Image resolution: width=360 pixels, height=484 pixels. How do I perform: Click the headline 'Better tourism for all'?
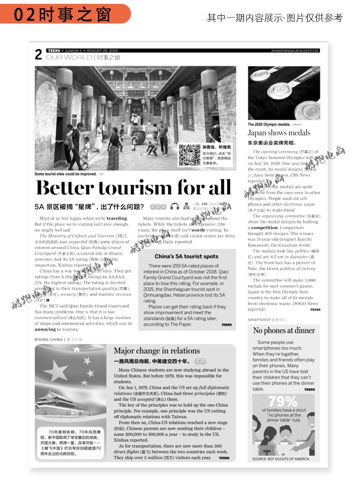pyautogui.click(x=133, y=188)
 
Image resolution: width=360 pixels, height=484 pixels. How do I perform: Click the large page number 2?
pyautogui.click(x=38, y=55)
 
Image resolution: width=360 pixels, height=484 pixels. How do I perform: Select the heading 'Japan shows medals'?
pyautogui.click(x=279, y=133)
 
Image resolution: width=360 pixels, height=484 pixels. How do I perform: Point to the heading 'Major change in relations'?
pyautogui.click(x=156, y=351)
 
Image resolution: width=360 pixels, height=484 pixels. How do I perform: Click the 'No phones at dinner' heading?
pyautogui.click(x=284, y=331)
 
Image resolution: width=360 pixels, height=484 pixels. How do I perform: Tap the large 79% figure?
pyautogui.click(x=283, y=401)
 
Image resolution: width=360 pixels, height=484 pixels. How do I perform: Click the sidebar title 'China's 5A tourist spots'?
pyautogui.click(x=186, y=257)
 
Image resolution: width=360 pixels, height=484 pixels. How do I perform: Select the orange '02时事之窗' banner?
pyautogui.click(x=65, y=14)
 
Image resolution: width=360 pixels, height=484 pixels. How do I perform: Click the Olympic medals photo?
pyautogui.click(x=284, y=93)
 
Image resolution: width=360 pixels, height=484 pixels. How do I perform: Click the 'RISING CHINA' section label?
pyautogui.click(x=48, y=339)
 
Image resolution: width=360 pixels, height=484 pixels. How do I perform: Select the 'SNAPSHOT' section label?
pyautogui.click(x=259, y=319)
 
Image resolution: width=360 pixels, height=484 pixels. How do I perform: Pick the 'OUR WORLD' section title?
pyautogui.click(x=68, y=58)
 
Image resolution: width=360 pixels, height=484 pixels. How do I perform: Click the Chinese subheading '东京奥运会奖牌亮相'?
pyautogui.click(x=272, y=143)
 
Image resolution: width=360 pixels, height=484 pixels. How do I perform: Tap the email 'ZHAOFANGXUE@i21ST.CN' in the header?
pyautogui.click(x=295, y=50)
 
